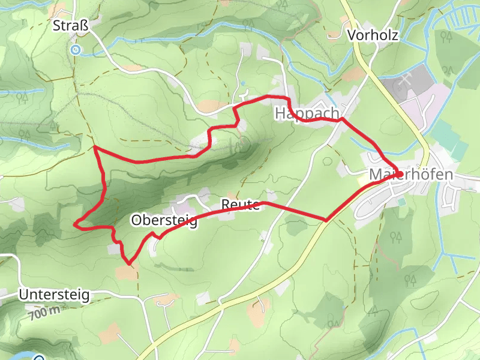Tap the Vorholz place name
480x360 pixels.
[373, 35]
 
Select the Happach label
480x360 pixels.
[307, 113]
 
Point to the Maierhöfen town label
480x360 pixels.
[411, 175]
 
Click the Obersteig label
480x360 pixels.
[163, 221]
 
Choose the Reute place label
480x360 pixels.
[240, 205]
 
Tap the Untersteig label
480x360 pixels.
[54, 295]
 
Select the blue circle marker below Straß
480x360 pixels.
[75, 50]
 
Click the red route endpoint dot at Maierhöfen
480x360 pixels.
[399, 174]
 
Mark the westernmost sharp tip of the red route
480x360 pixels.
[75, 224]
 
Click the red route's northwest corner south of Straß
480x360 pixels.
[95, 147]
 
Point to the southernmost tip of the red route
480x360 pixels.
[128, 263]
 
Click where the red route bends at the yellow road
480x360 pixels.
[326, 220]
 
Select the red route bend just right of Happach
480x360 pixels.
[342, 119]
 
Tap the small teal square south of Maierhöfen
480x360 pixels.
[401, 202]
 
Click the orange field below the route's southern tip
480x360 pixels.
[127, 274]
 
